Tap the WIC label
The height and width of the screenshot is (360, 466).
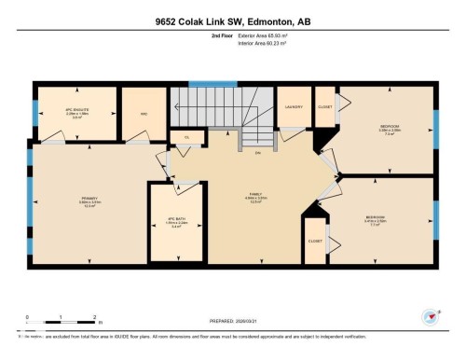(x=144, y=116)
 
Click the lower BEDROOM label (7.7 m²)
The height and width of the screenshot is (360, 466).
(x=376, y=219)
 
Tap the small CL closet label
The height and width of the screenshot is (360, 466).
(x=186, y=137)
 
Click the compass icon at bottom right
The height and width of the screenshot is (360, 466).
(x=431, y=316)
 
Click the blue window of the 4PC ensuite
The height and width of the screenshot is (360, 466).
(x=34, y=112)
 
